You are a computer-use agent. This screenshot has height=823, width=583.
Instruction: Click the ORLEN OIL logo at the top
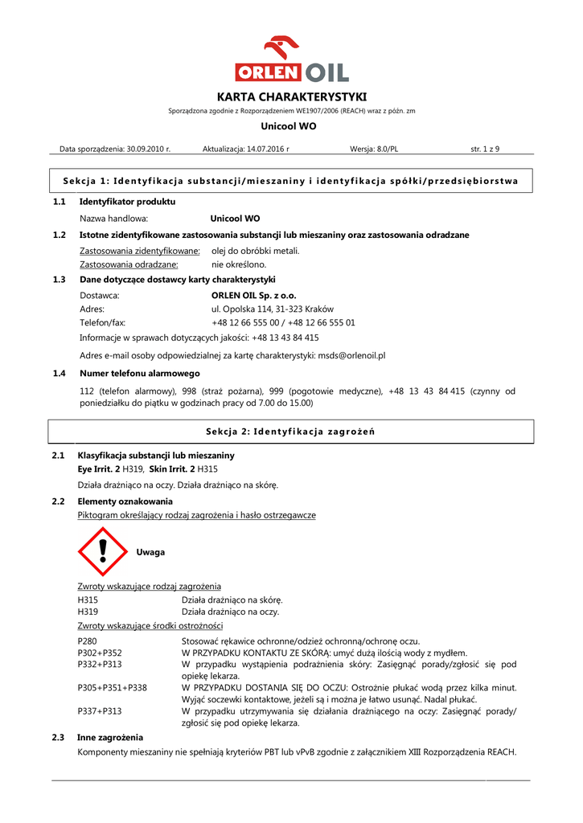tap(291, 59)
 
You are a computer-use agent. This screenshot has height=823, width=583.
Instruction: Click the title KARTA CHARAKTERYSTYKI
tap(291, 96)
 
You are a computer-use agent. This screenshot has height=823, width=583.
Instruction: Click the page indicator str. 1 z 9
tap(485, 149)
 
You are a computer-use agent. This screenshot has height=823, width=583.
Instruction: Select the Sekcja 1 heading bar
tap(290, 180)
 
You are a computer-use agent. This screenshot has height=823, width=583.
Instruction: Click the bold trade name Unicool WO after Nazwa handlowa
tap(235, 218)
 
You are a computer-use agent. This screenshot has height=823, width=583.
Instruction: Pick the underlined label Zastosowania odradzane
tap(129, 264)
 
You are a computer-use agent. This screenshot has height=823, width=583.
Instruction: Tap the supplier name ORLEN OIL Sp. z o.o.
tap(253, 295)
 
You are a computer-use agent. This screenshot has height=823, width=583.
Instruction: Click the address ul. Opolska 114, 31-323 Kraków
tap(273, 309)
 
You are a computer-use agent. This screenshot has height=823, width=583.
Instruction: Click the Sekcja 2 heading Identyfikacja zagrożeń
tap(290, 432)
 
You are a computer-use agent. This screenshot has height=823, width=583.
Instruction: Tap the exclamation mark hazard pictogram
tap(102, 552)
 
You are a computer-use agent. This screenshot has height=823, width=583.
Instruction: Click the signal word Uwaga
tap(150, 552)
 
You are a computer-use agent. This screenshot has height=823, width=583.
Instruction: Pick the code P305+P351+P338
tap(112, 688)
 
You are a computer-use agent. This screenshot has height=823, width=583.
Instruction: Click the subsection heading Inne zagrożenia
tap(110, 737)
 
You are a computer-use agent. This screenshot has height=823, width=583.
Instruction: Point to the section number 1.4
tap(59, 373)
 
